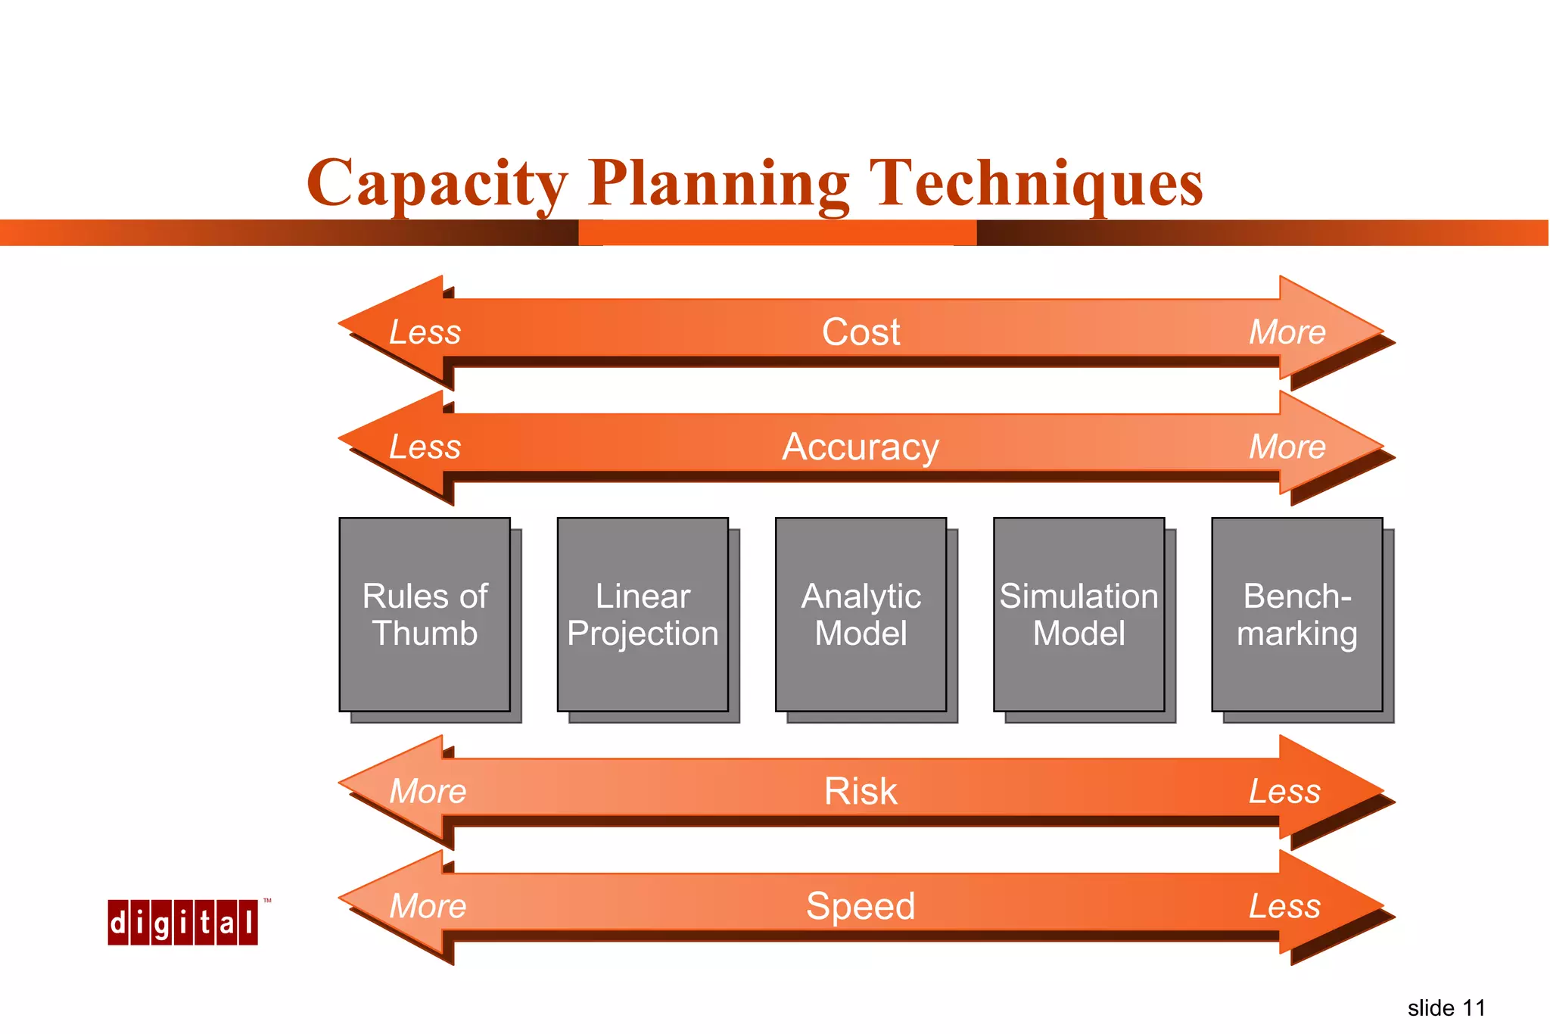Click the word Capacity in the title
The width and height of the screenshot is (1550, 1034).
pyautogui.click(x=437, y=183)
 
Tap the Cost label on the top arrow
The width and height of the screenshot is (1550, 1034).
pyautogui.click(x=861, y=332)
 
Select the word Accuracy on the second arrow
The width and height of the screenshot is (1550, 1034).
pyautogui.click(x=861, y=447)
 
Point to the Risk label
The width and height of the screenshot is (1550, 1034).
pyautogui.click(x=861, y=792)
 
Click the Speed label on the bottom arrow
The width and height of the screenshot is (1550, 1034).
pyautogui.click(x=861, y=906)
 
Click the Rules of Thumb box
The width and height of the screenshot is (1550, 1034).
pyautogui.click(x=425, y=615)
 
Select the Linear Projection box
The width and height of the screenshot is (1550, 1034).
pyautogui.click(x=643, y=615)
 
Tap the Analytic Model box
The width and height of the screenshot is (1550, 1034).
pyautogui.click(x=861, y=615)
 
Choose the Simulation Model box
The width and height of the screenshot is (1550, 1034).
pyautogui.click(x=1078, y=615)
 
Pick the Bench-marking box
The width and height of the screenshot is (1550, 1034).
pyautogui.click(x=1296, y=615)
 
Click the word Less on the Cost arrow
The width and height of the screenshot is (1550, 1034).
pyautogui.click(x=425, y=332)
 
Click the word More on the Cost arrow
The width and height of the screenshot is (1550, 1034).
pyautogui.click(x=1287, y=332)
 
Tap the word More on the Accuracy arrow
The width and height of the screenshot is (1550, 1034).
pyautogui.click(x=1287, y=447)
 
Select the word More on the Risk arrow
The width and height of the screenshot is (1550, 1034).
pyautogui.click(x=428, y=792)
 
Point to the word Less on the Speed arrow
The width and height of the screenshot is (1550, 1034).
pyautogui.click(x=1284, y=906)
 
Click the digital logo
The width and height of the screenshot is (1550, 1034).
pyautogui.click(x=182, y=923)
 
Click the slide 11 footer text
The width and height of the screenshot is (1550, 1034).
pyautogui.click(x=1446, y=1008)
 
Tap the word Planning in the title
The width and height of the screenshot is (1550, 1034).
pyautogui.click(x=718, y=183)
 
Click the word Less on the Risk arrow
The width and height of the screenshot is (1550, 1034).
pyautogui.click(x=1284, y=792)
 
